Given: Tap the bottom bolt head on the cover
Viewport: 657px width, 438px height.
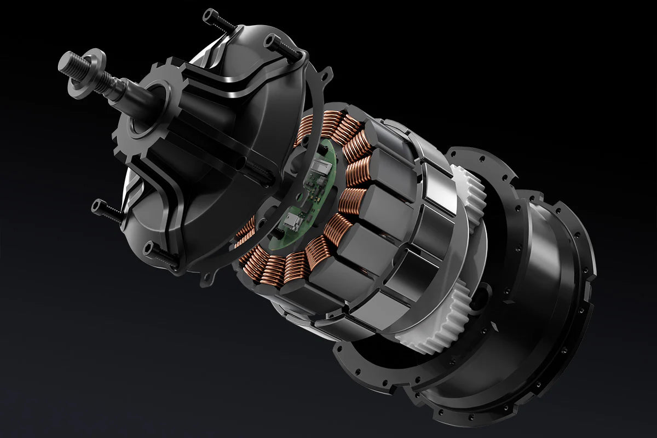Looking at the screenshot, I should (x=149, y=249).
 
